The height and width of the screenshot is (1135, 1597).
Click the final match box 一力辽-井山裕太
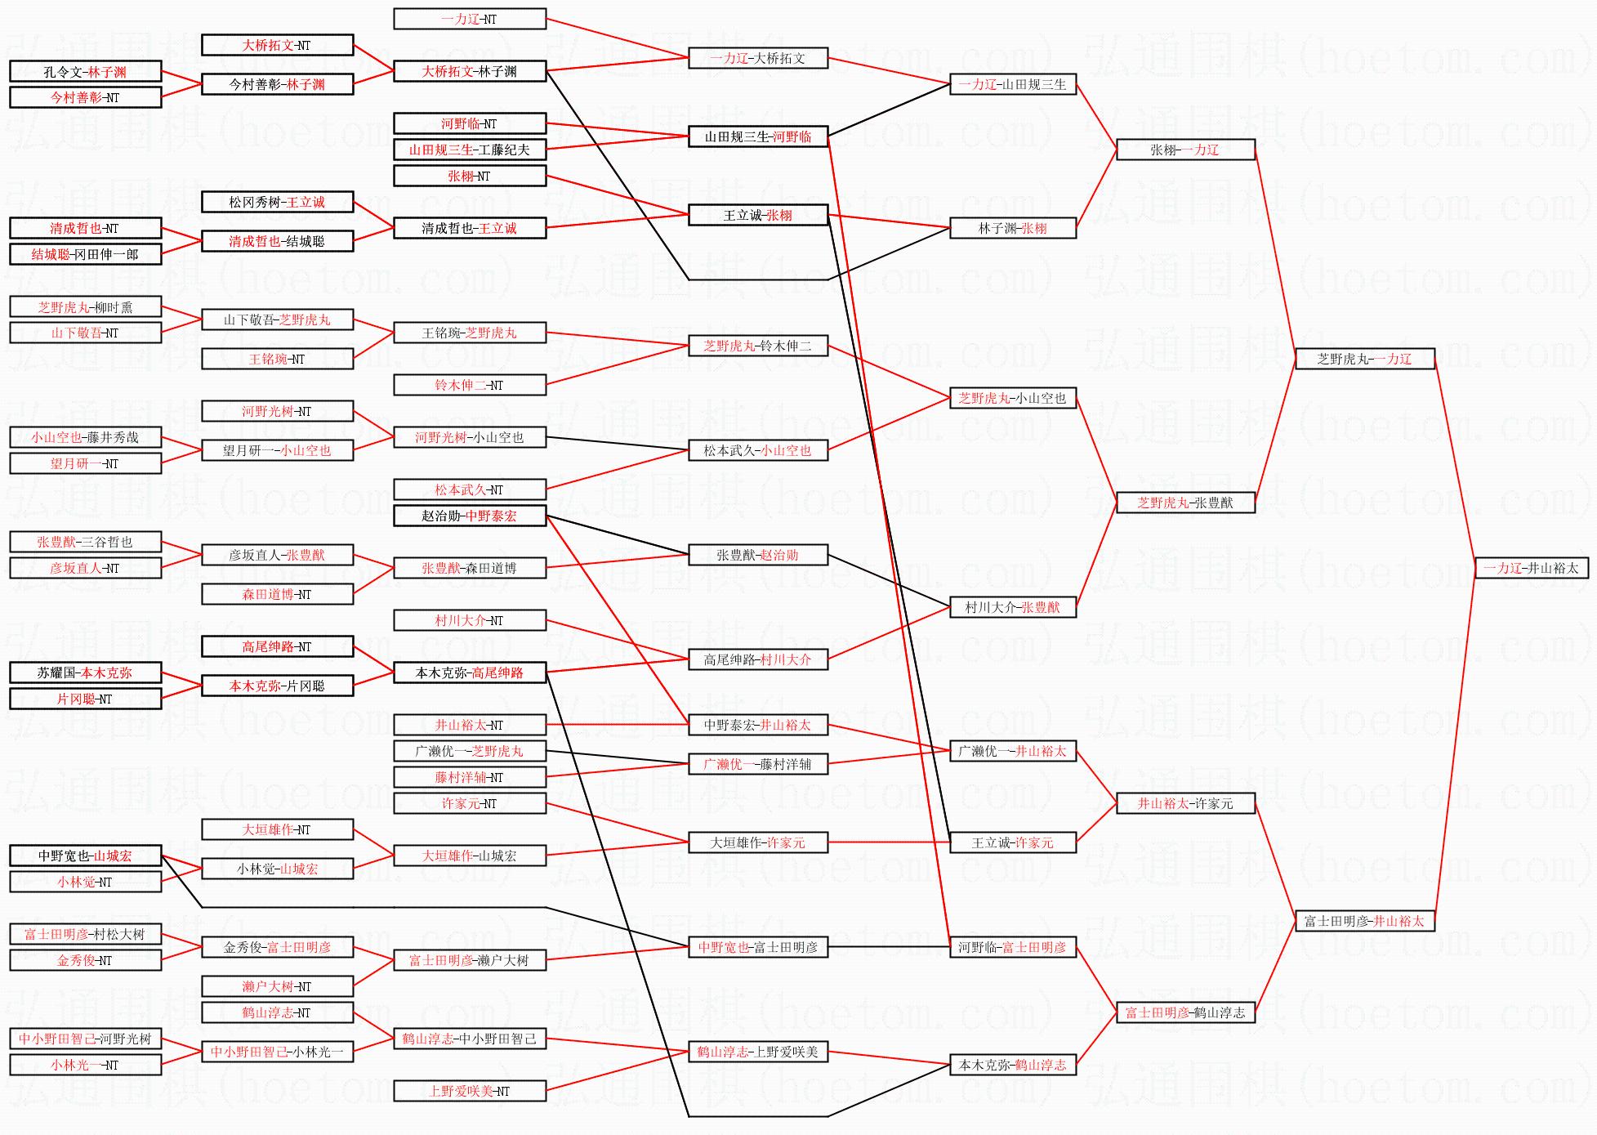(x=1531, y=568)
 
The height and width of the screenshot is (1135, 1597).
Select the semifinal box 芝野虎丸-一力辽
(x=1364, y=359)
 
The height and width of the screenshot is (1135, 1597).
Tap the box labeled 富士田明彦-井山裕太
(x=1364, y=921)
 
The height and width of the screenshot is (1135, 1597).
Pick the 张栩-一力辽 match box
(x=1184, y=150)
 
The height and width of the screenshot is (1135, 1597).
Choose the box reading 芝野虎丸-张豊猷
(x=1184, y=503)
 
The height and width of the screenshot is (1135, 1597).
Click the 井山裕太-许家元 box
(x=1184, y=803)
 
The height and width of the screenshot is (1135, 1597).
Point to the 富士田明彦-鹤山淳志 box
(x=1184, y=1012)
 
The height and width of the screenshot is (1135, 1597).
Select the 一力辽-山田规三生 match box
(x=1012, y=84)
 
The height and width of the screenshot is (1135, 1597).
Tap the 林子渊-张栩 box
(x=1012, y=228)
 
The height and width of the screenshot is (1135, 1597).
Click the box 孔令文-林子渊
(x=85, y=72)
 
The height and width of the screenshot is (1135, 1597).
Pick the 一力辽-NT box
(x=469, y=19)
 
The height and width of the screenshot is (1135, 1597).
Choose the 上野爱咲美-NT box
(x=469, y=1091)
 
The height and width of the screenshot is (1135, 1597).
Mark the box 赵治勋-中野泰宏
(x=469, y=516)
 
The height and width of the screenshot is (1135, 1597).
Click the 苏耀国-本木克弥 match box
(x=85, y=673)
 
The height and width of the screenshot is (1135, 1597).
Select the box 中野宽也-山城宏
(x=85, y=856)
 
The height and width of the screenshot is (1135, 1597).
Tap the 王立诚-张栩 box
(x=757, y=215)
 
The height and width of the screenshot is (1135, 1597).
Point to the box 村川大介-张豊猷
(x=1012, y=607)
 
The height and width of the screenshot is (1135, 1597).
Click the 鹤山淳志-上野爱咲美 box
(x=757, y=1052)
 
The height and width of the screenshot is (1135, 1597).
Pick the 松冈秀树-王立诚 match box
(x=277, y=202)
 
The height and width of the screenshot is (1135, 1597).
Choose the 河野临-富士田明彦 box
(x=1012, y=947)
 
